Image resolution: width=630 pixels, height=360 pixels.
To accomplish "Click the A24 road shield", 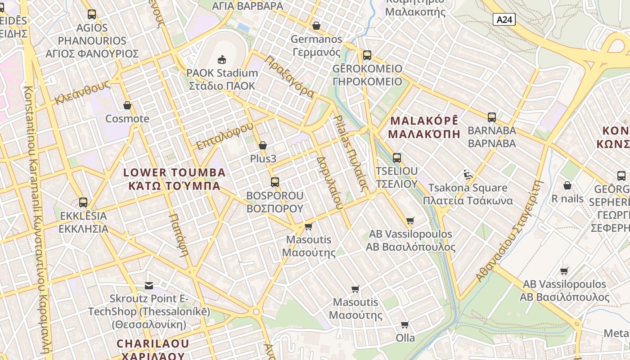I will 504,19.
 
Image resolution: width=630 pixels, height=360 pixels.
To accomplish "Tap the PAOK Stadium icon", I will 221,59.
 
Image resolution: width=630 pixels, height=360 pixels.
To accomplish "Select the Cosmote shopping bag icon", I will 127,105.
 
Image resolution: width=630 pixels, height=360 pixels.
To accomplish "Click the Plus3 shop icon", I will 263,145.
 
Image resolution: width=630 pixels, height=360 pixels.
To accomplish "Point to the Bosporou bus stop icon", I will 274,182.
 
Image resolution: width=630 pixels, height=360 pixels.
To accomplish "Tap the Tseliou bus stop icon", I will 396,157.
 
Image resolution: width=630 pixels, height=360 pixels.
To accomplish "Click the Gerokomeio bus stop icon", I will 367,55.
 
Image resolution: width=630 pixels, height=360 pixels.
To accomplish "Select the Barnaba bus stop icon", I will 492,117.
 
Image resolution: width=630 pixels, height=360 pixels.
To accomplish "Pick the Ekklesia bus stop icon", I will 83,202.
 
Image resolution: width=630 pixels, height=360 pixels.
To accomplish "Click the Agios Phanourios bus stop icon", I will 92,14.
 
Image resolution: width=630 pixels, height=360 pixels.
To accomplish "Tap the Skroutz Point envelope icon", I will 149,285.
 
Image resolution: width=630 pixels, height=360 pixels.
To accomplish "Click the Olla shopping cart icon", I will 405,324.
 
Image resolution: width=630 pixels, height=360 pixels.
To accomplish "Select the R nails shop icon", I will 567,185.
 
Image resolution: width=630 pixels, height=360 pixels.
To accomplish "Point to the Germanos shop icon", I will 316,26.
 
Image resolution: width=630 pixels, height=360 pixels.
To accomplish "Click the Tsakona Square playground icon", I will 468,174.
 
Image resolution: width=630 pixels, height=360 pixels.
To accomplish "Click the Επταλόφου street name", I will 225,135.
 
